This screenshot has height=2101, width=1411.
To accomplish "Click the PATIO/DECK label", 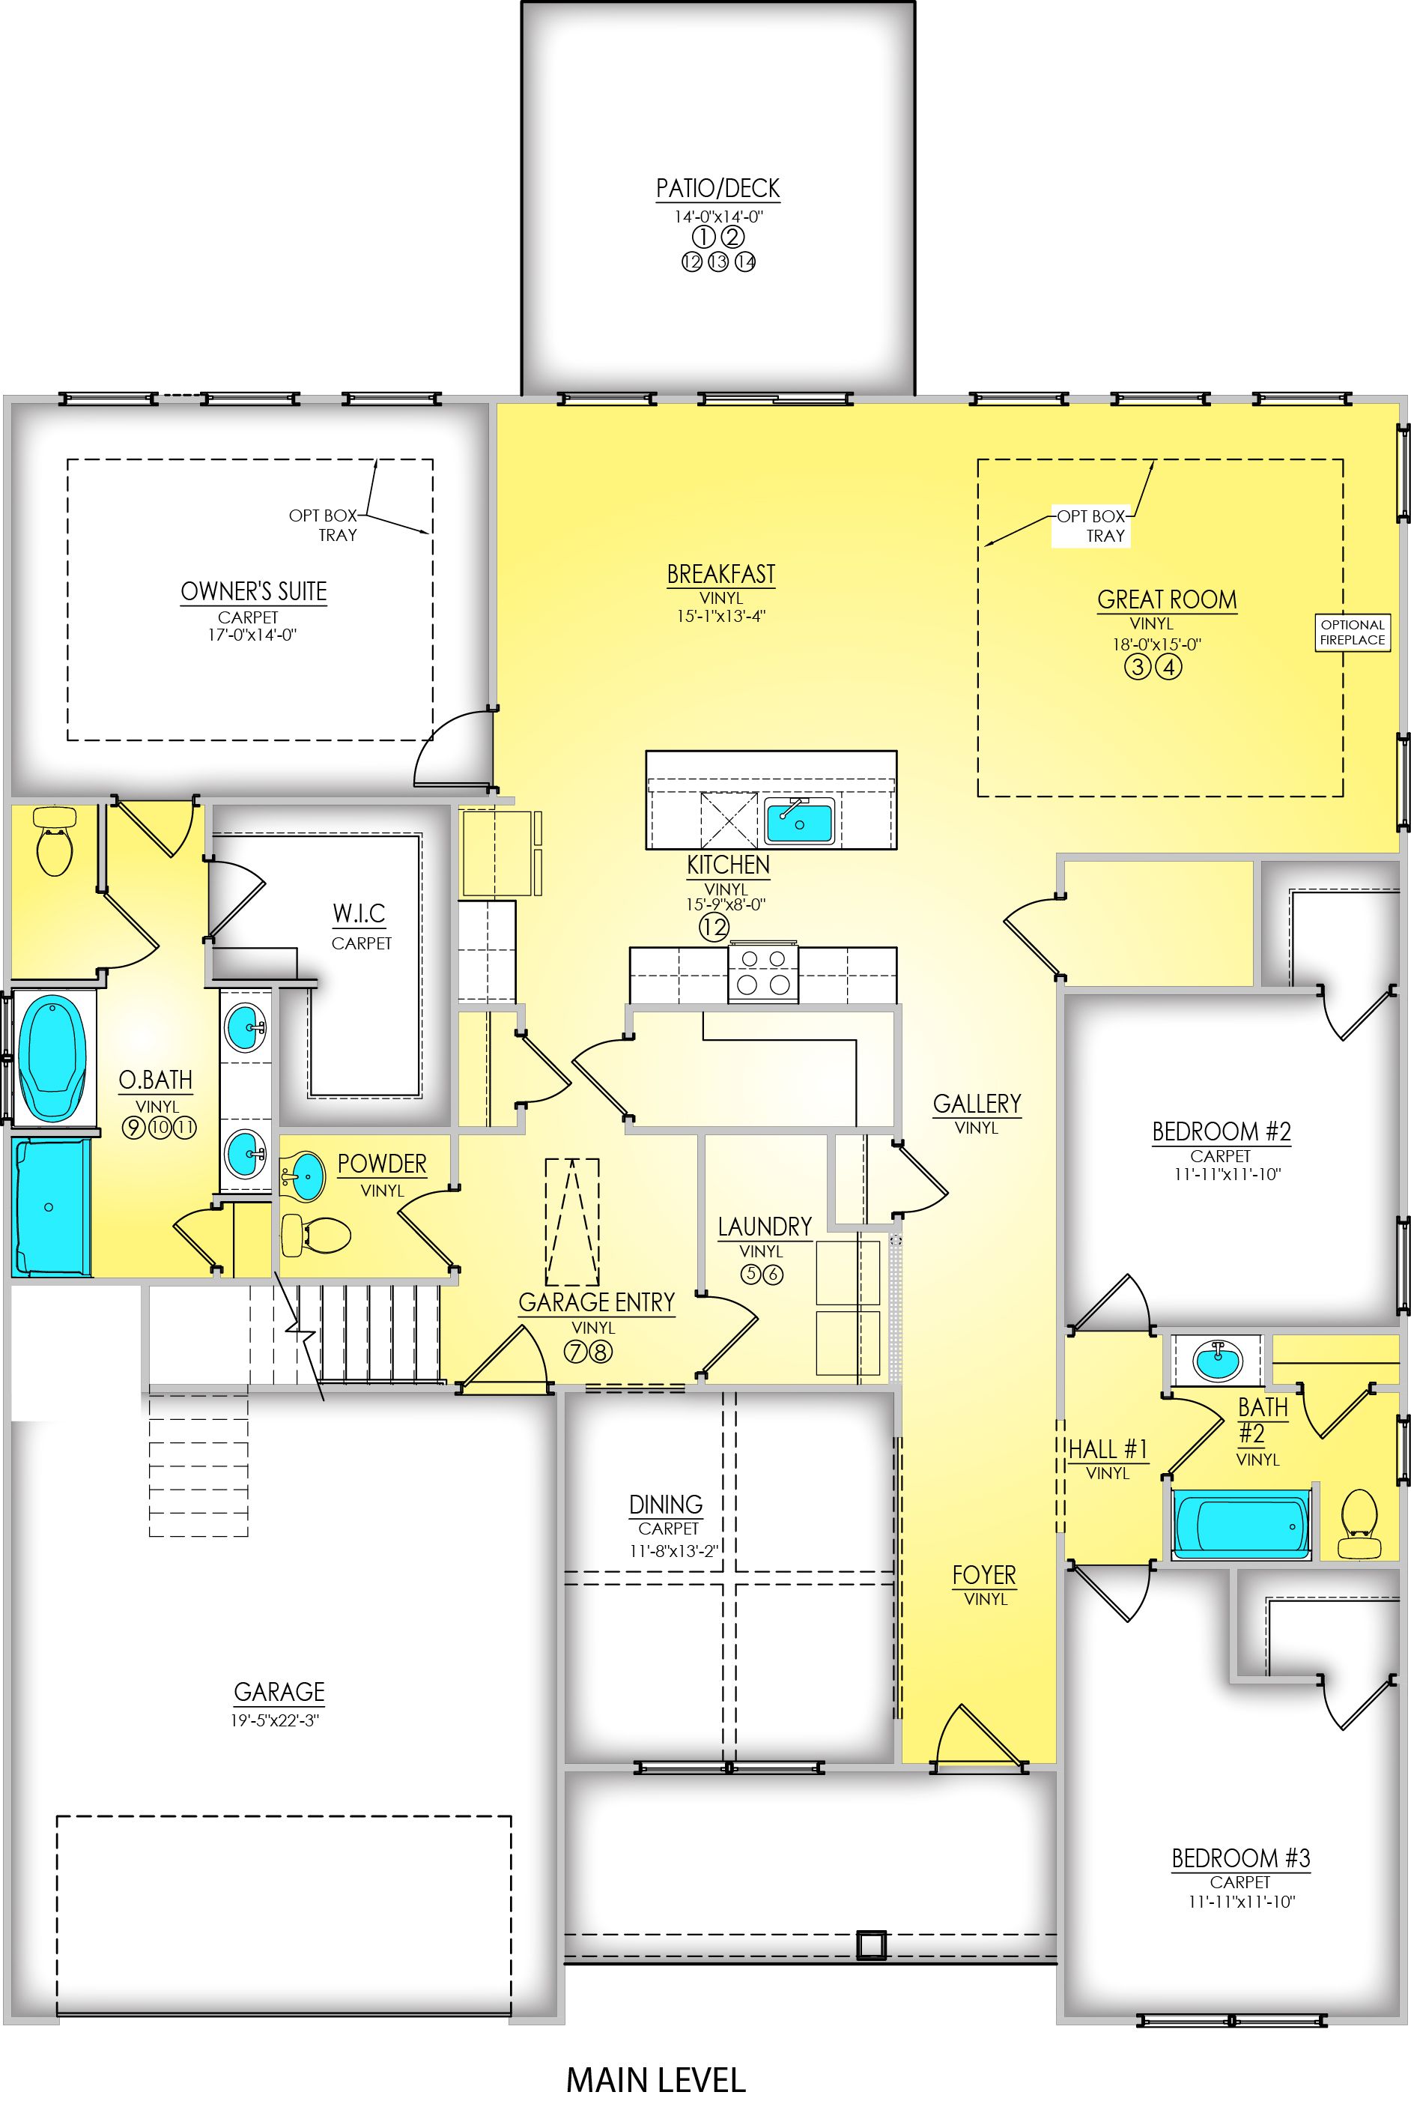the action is coord(717,188).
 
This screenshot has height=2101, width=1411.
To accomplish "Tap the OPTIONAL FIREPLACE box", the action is coord(1353,632).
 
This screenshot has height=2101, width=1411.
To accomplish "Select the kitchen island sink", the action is coord(799,822).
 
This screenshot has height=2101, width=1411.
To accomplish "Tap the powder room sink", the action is coord(303,1176).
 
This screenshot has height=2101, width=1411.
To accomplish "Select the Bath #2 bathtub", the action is coord(1241,1525).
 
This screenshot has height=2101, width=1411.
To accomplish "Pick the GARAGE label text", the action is coord(279,1691).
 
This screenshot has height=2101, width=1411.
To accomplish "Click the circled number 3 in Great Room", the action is coord(1138,667).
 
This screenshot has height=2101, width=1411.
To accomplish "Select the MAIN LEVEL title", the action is coord(656,2080).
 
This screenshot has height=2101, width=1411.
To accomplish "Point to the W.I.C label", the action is coord(359,913).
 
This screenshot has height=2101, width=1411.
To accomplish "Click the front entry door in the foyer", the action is coord(981,1738).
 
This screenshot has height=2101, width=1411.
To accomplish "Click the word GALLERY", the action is coord(977,1104).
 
